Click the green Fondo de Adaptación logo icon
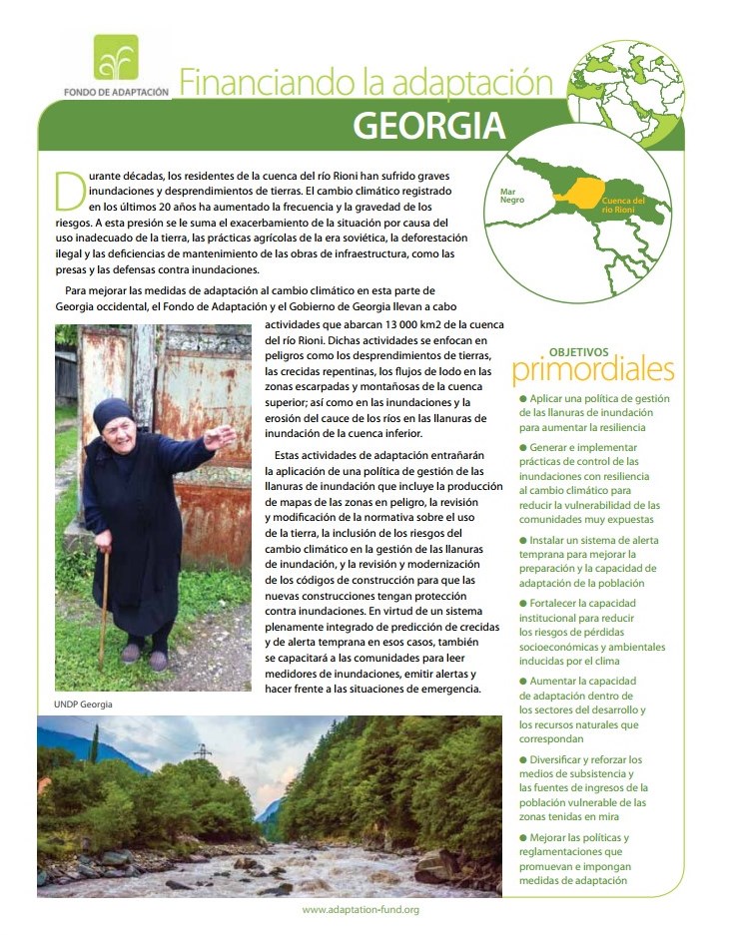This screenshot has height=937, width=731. coord(116,58)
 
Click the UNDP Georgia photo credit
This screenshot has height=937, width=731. coord(83,704)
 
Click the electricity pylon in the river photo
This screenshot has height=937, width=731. coord(203,751)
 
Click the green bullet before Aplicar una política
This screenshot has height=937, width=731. coord(523,398)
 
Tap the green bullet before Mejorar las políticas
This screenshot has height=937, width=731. coord(523,838)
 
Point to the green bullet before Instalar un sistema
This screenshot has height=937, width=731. coord(523,540)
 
